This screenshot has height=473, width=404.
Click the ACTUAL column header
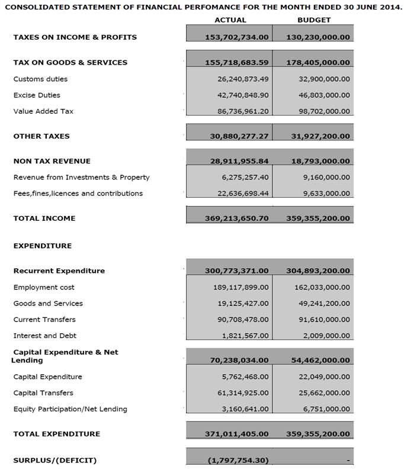click(230, 20)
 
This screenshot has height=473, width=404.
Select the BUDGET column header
click(314, 20)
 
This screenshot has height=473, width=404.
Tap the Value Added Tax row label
click(43, 111)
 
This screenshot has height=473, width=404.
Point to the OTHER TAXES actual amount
click(239, 136)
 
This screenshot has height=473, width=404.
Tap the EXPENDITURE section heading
click(42, 246)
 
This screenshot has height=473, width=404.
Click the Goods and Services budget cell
click(322, 303)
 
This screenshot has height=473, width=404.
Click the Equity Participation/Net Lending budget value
click(325, 408)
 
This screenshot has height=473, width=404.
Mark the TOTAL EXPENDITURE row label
click(56, 434)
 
